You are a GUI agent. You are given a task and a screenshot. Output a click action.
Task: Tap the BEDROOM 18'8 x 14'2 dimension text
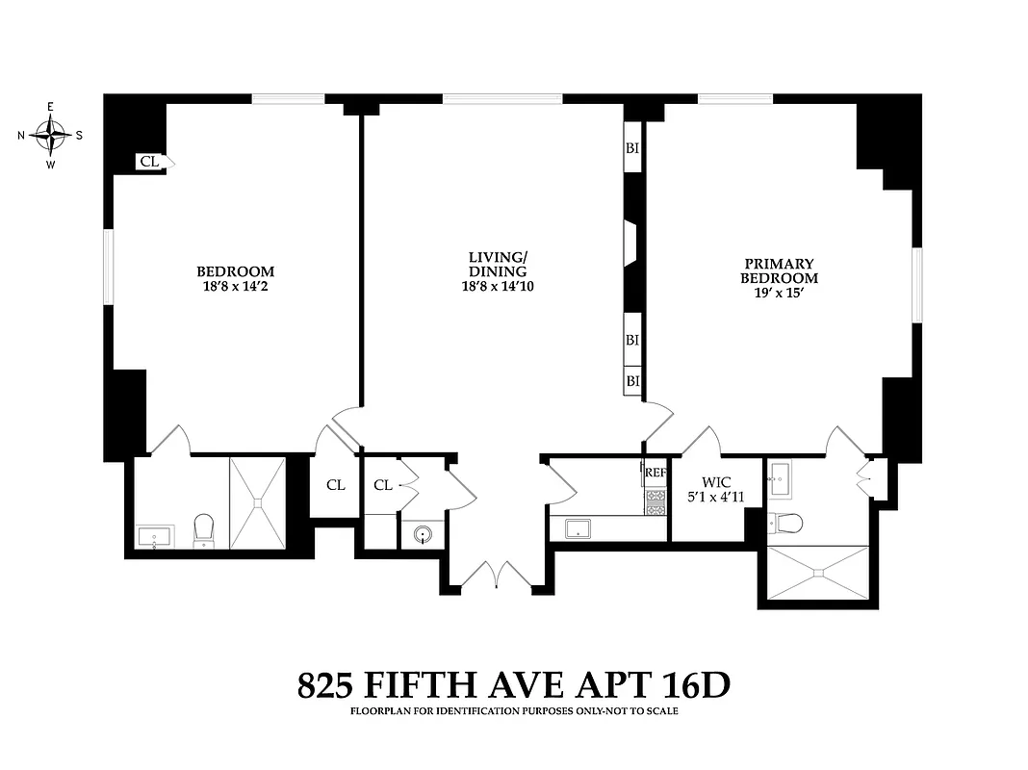[235, 286]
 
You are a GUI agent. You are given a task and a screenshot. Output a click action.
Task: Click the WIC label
[717, 481]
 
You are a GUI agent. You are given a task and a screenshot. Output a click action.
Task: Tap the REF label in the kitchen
[655, 473]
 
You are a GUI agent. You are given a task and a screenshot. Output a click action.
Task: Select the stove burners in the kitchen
[655, 500]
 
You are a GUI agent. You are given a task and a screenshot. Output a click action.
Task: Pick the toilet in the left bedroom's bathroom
[203, 528]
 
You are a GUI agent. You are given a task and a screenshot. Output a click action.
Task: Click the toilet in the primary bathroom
[788, 523]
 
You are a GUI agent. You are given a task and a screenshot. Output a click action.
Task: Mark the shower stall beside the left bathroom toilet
[257, 502]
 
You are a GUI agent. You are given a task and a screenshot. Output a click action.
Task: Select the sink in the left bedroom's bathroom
[155, 535]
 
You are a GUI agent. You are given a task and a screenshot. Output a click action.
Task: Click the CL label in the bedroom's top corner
[148, 162]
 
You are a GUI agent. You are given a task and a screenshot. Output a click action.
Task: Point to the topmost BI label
[632, 148]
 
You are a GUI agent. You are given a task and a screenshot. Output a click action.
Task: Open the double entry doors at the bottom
[495, 575]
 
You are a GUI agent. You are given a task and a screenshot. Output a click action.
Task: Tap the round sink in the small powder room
[424, 535]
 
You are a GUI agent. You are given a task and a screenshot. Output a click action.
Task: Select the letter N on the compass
[21, 136]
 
